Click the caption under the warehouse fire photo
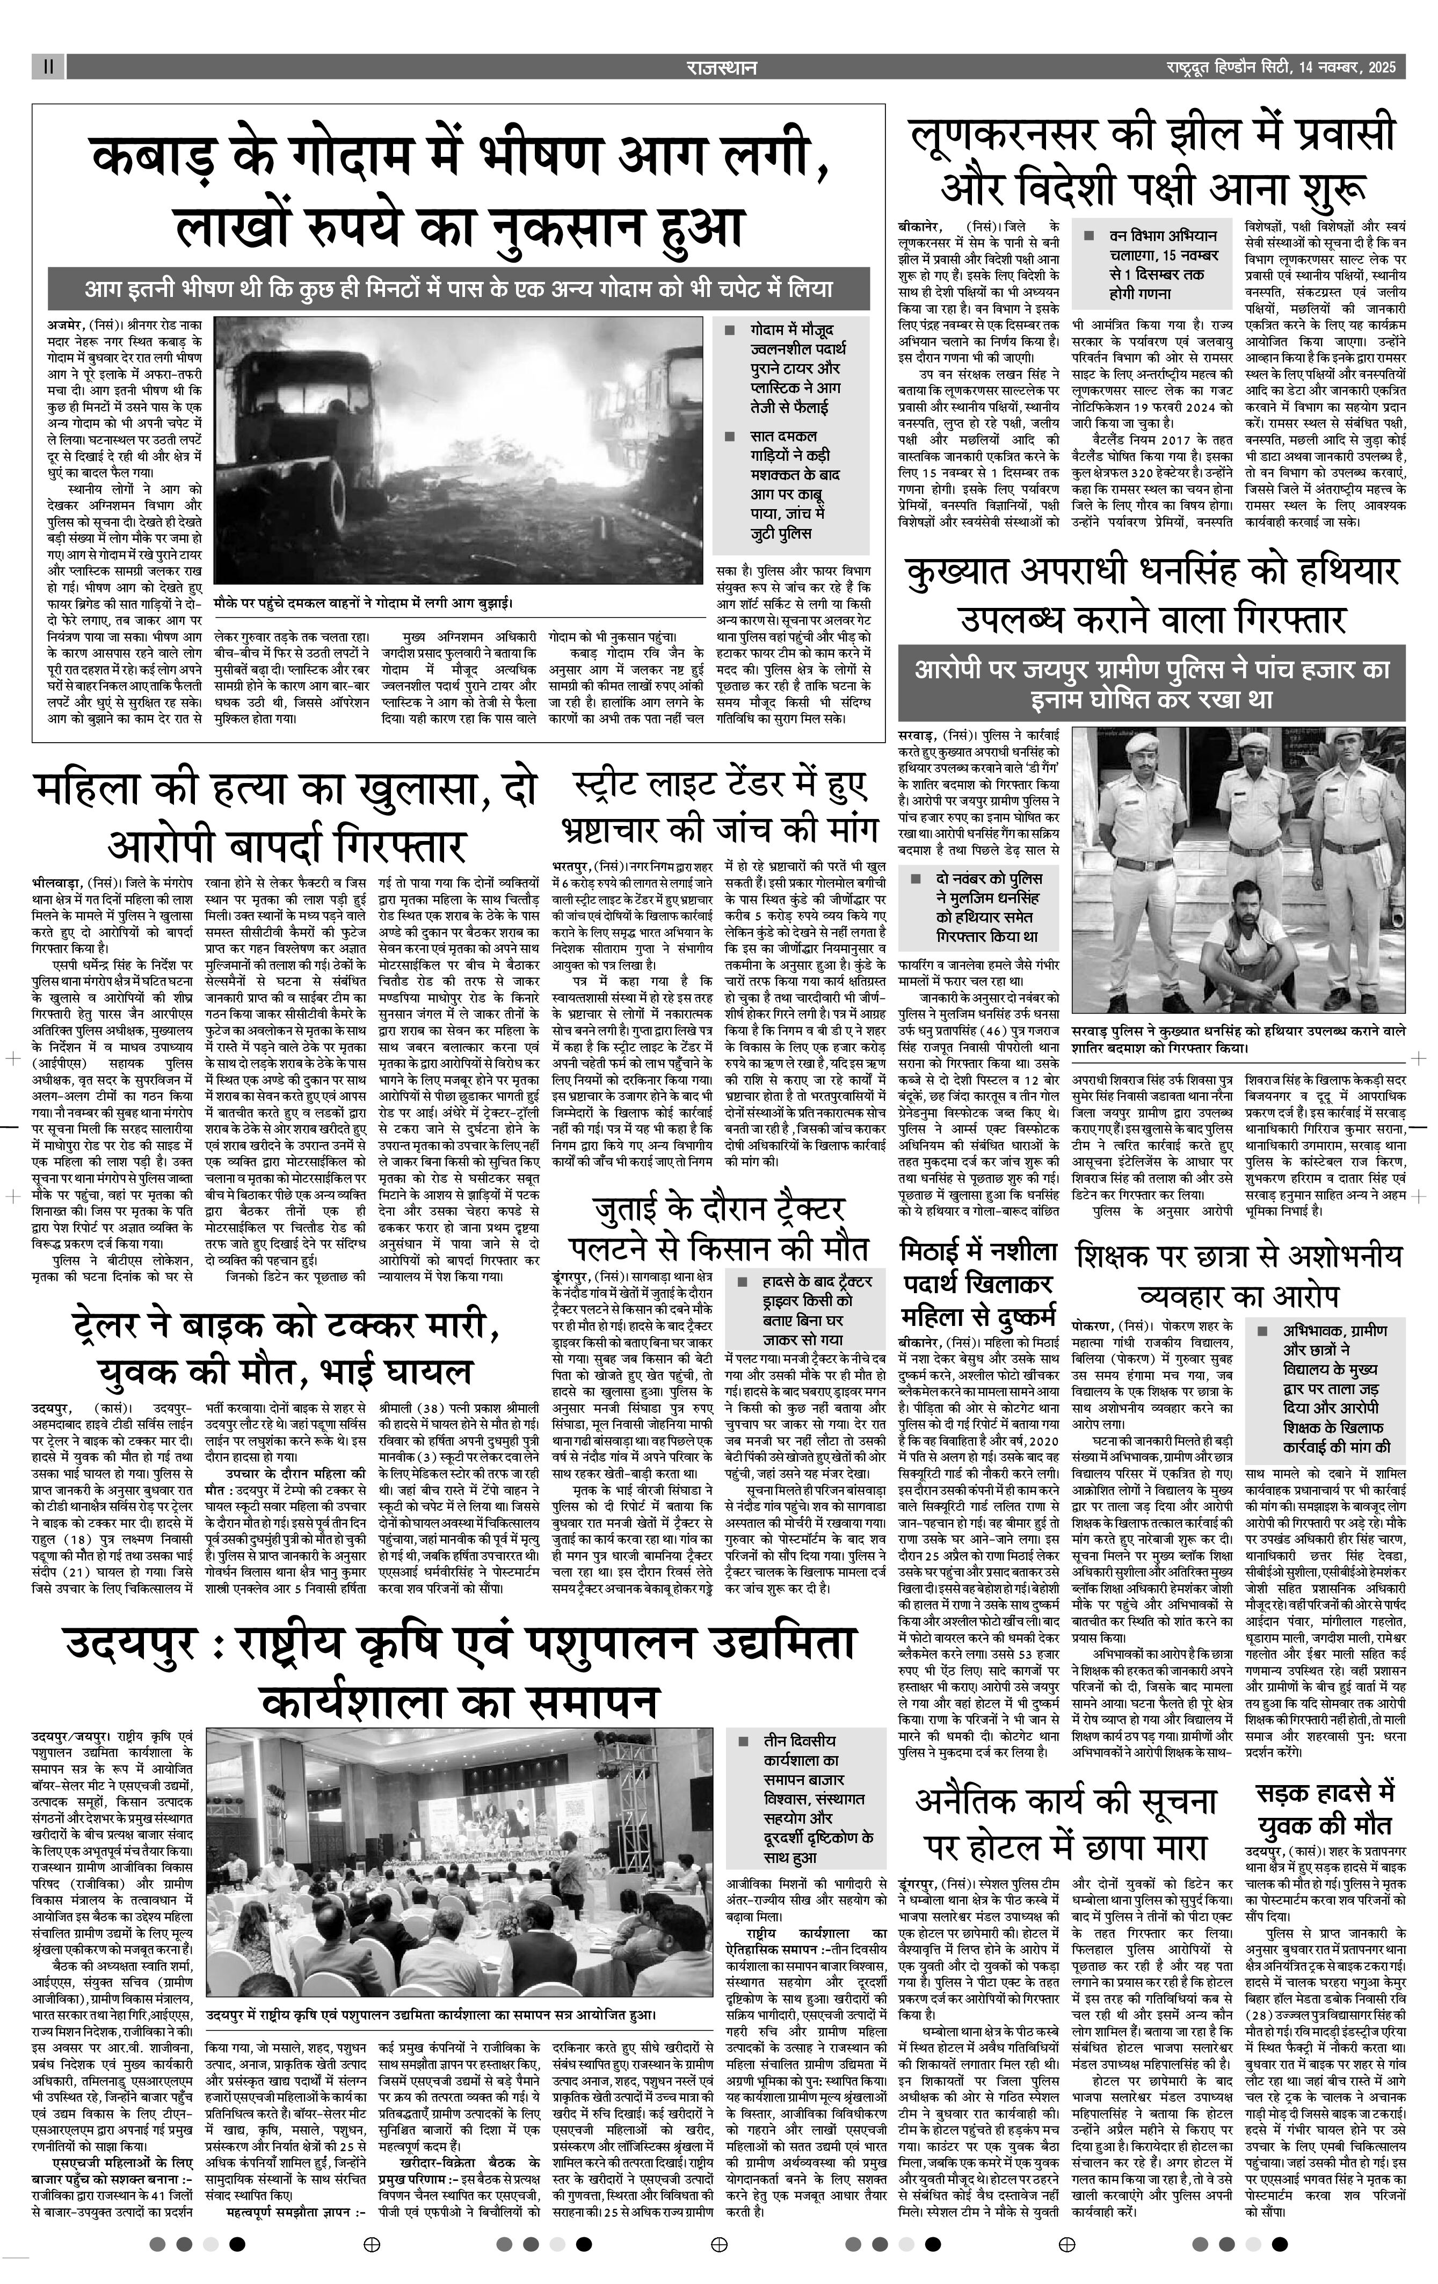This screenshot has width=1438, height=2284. pyautogui.click(x=364, y=603)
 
